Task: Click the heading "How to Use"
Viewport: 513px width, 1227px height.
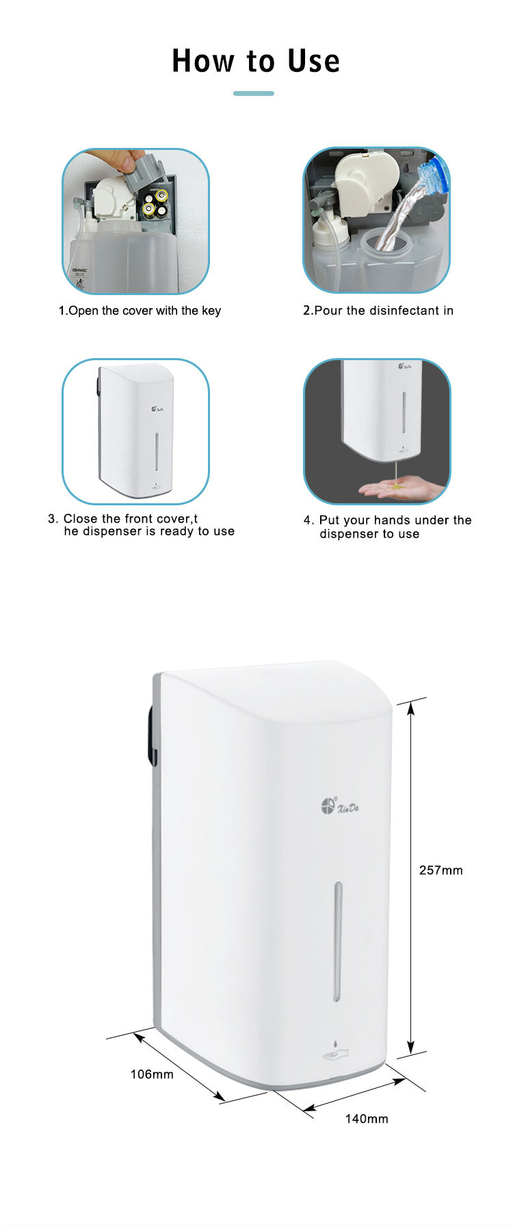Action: click(x=256, y=61)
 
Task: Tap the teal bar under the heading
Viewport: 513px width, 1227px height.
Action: click(x=254, y=93)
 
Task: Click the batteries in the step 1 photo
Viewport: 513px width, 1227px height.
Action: click(x=155, y=203)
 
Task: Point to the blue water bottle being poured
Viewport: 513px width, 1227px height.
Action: click(x=434, y=175)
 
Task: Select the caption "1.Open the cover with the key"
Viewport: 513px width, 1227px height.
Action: click(x=140, y=311)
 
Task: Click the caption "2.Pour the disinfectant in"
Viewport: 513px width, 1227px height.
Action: click(x=378, y=311)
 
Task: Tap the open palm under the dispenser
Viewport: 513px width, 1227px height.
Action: click(x=390, y=489)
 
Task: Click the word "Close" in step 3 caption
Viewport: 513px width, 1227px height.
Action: click(x=81, y=519)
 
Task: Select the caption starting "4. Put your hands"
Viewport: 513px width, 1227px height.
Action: click(x=388, y=527)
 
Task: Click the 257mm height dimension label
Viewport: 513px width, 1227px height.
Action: click(x=440, y=870)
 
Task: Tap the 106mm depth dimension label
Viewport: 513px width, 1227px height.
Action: click(x=152, y=1074)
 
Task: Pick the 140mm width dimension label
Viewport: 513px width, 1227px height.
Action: click(x=367, y=1119)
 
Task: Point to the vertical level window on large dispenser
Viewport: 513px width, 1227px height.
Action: click(x=338, y=941)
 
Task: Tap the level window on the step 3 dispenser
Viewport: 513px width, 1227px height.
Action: click(x=157, y=451)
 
